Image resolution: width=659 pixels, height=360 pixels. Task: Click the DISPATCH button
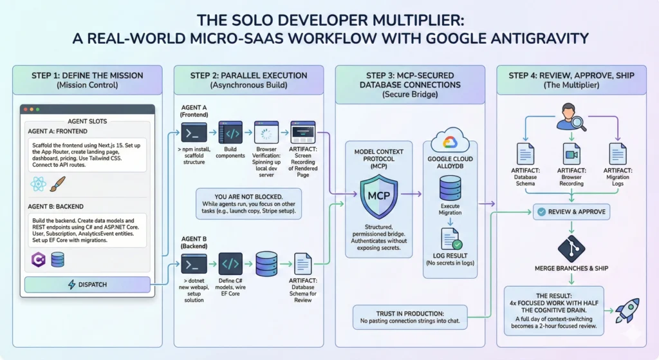[x=87, y=284]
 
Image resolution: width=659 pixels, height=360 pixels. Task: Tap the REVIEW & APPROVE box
[x=570, y=211]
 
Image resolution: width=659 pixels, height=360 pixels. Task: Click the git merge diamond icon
[x=570, y=249]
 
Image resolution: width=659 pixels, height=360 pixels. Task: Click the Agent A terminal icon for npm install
[x=194, y=133]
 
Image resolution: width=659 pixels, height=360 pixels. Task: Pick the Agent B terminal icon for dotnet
[x=194, y=264]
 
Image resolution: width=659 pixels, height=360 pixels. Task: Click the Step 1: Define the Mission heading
[x=87, y=75]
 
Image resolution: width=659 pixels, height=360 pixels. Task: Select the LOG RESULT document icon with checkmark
[x=449, y=238]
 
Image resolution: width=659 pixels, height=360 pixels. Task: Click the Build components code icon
[x=230, y=133]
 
